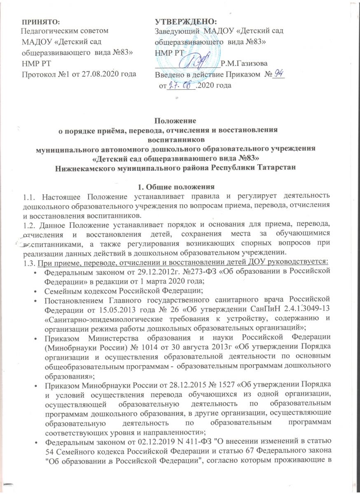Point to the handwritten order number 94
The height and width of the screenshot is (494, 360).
[279, 74]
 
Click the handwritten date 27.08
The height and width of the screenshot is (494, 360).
[181, 85]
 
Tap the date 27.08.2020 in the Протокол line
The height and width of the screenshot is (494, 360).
[99, 74]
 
